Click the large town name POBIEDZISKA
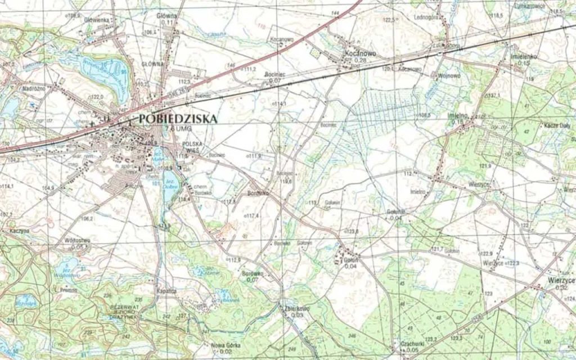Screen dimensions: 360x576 point(175,119)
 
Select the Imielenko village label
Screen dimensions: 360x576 point(524,57)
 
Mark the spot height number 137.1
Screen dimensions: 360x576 point(493,96)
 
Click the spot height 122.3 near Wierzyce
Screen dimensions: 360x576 point(512,263)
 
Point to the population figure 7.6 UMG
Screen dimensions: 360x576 point(175,129)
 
